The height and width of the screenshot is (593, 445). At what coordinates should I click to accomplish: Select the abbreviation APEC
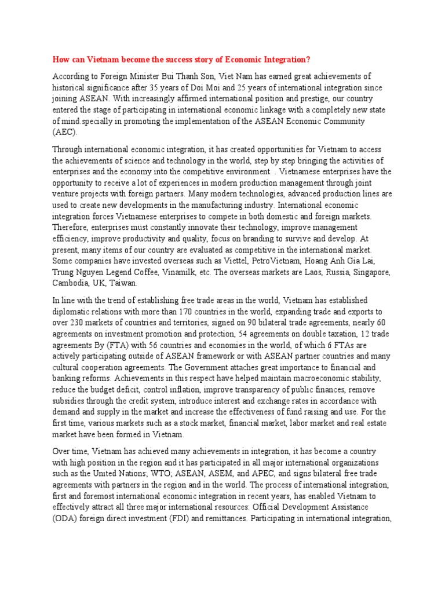pos(280,473)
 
